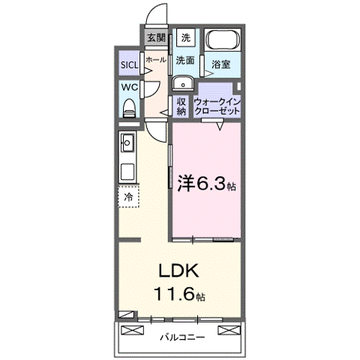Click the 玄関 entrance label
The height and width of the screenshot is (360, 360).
(156, 37)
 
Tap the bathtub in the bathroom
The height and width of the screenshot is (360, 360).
(221, 42)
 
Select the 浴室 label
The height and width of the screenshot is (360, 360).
(220, 65)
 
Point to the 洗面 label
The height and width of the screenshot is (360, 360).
(186, 60)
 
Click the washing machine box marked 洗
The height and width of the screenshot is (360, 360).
(186, 37)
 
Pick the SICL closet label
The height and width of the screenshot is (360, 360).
(130, 65)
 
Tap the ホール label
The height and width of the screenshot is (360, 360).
(156, 58)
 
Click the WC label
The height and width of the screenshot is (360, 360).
(129, 88)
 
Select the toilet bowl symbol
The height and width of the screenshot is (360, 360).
(128, 107)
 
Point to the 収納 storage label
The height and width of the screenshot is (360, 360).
(181, 106)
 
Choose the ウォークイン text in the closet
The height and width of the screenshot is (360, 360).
(217, 100)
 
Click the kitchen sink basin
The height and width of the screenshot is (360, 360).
(127, 141)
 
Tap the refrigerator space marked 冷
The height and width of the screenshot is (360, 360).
(128, 196)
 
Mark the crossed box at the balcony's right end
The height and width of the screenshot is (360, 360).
(229, 331)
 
